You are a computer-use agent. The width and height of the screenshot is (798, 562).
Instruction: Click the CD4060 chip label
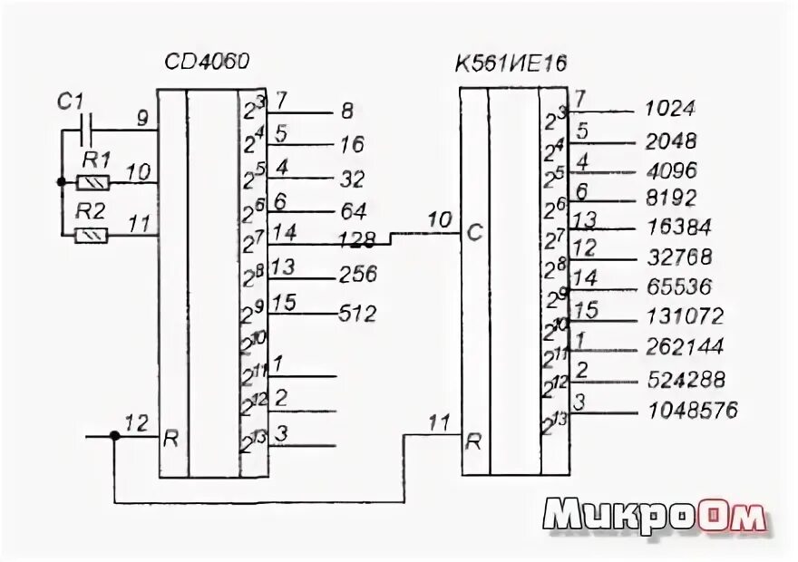pyautogui.click(x=207, y=63)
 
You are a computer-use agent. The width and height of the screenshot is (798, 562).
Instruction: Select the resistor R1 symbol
pyautogui.click(x=94, y=182)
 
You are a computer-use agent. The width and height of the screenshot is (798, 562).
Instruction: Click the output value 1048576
pyautogui.click(x=693, y=411)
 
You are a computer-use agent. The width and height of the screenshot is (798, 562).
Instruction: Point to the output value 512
pyautogui.click(x=356, y=314)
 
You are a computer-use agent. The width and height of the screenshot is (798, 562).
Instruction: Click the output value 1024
pyautogui.click(x=669, y=109)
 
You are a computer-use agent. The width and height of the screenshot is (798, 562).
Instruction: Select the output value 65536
pyautogui.click(x=679, y=286)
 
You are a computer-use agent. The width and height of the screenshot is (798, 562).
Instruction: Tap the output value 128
pyautogui.click(x=356, y=240)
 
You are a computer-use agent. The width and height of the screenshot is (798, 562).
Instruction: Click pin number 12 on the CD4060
pyautogui.click(x=136, y=421)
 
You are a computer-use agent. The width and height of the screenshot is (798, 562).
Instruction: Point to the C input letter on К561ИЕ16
pyautogui.click(x=472, y=234)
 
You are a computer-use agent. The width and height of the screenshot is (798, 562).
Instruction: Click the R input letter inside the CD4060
pyautogui.click(x=170, y=441)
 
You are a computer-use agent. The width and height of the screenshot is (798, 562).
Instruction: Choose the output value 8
pyautogui.click(x=347, y=112)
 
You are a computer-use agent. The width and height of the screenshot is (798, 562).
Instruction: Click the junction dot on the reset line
pyautogui.click(x=114, y=436)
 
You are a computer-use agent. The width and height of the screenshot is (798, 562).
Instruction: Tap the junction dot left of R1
pyautogui.click(x=61, y=182)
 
